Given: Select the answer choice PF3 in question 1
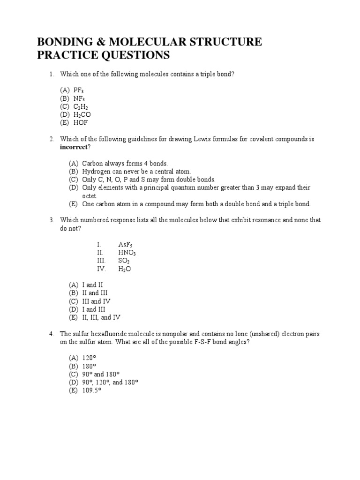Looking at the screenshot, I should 78,90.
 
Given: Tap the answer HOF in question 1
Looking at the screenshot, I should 80,123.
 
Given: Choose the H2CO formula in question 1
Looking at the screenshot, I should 82,114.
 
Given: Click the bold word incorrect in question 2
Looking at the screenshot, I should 74,147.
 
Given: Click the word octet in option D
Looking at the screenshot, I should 89,196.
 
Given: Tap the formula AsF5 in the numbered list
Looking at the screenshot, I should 126,245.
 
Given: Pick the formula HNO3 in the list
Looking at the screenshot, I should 127,253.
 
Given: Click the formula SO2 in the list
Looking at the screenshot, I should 124,261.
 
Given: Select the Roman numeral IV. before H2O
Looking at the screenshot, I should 101,269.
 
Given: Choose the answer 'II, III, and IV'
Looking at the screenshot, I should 101,317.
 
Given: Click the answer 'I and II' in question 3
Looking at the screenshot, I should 92,285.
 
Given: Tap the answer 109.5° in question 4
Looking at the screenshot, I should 92,390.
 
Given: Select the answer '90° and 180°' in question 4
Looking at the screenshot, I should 101,374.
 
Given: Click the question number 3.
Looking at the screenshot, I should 52,220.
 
